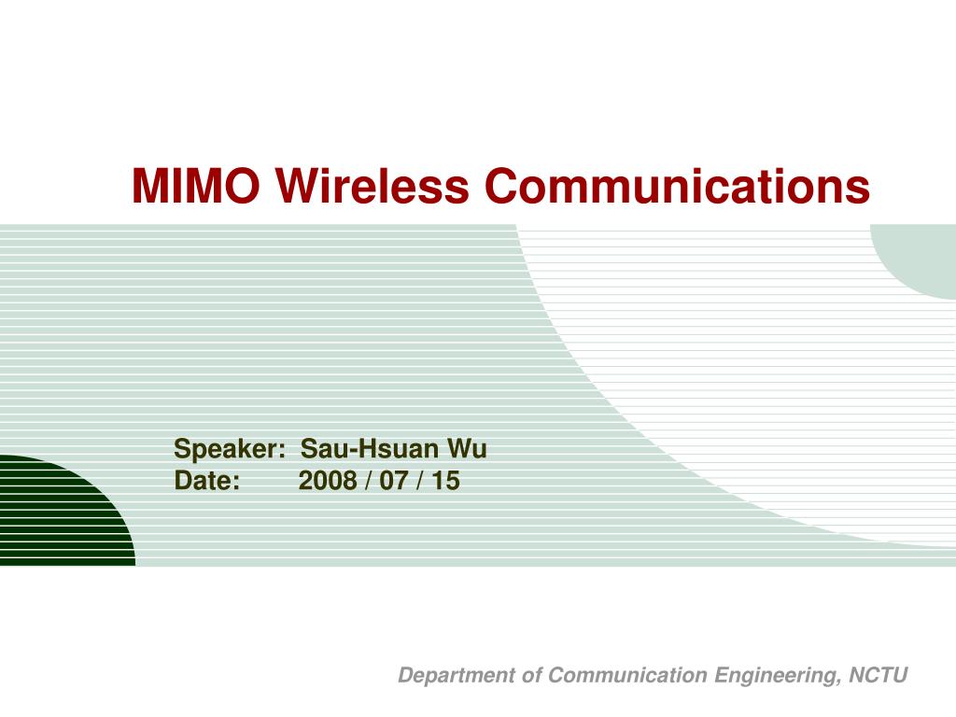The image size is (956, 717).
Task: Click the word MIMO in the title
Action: (195, 186)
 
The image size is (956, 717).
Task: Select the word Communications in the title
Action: (677, 186)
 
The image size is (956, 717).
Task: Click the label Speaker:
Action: (230, 450)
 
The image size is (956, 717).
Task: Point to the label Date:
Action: (207, 481)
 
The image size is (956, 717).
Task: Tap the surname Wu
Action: (467, 450)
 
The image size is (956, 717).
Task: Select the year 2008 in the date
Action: (327, 481)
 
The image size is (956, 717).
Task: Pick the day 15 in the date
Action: (446, 481)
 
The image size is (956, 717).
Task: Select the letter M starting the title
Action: (150, 186)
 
